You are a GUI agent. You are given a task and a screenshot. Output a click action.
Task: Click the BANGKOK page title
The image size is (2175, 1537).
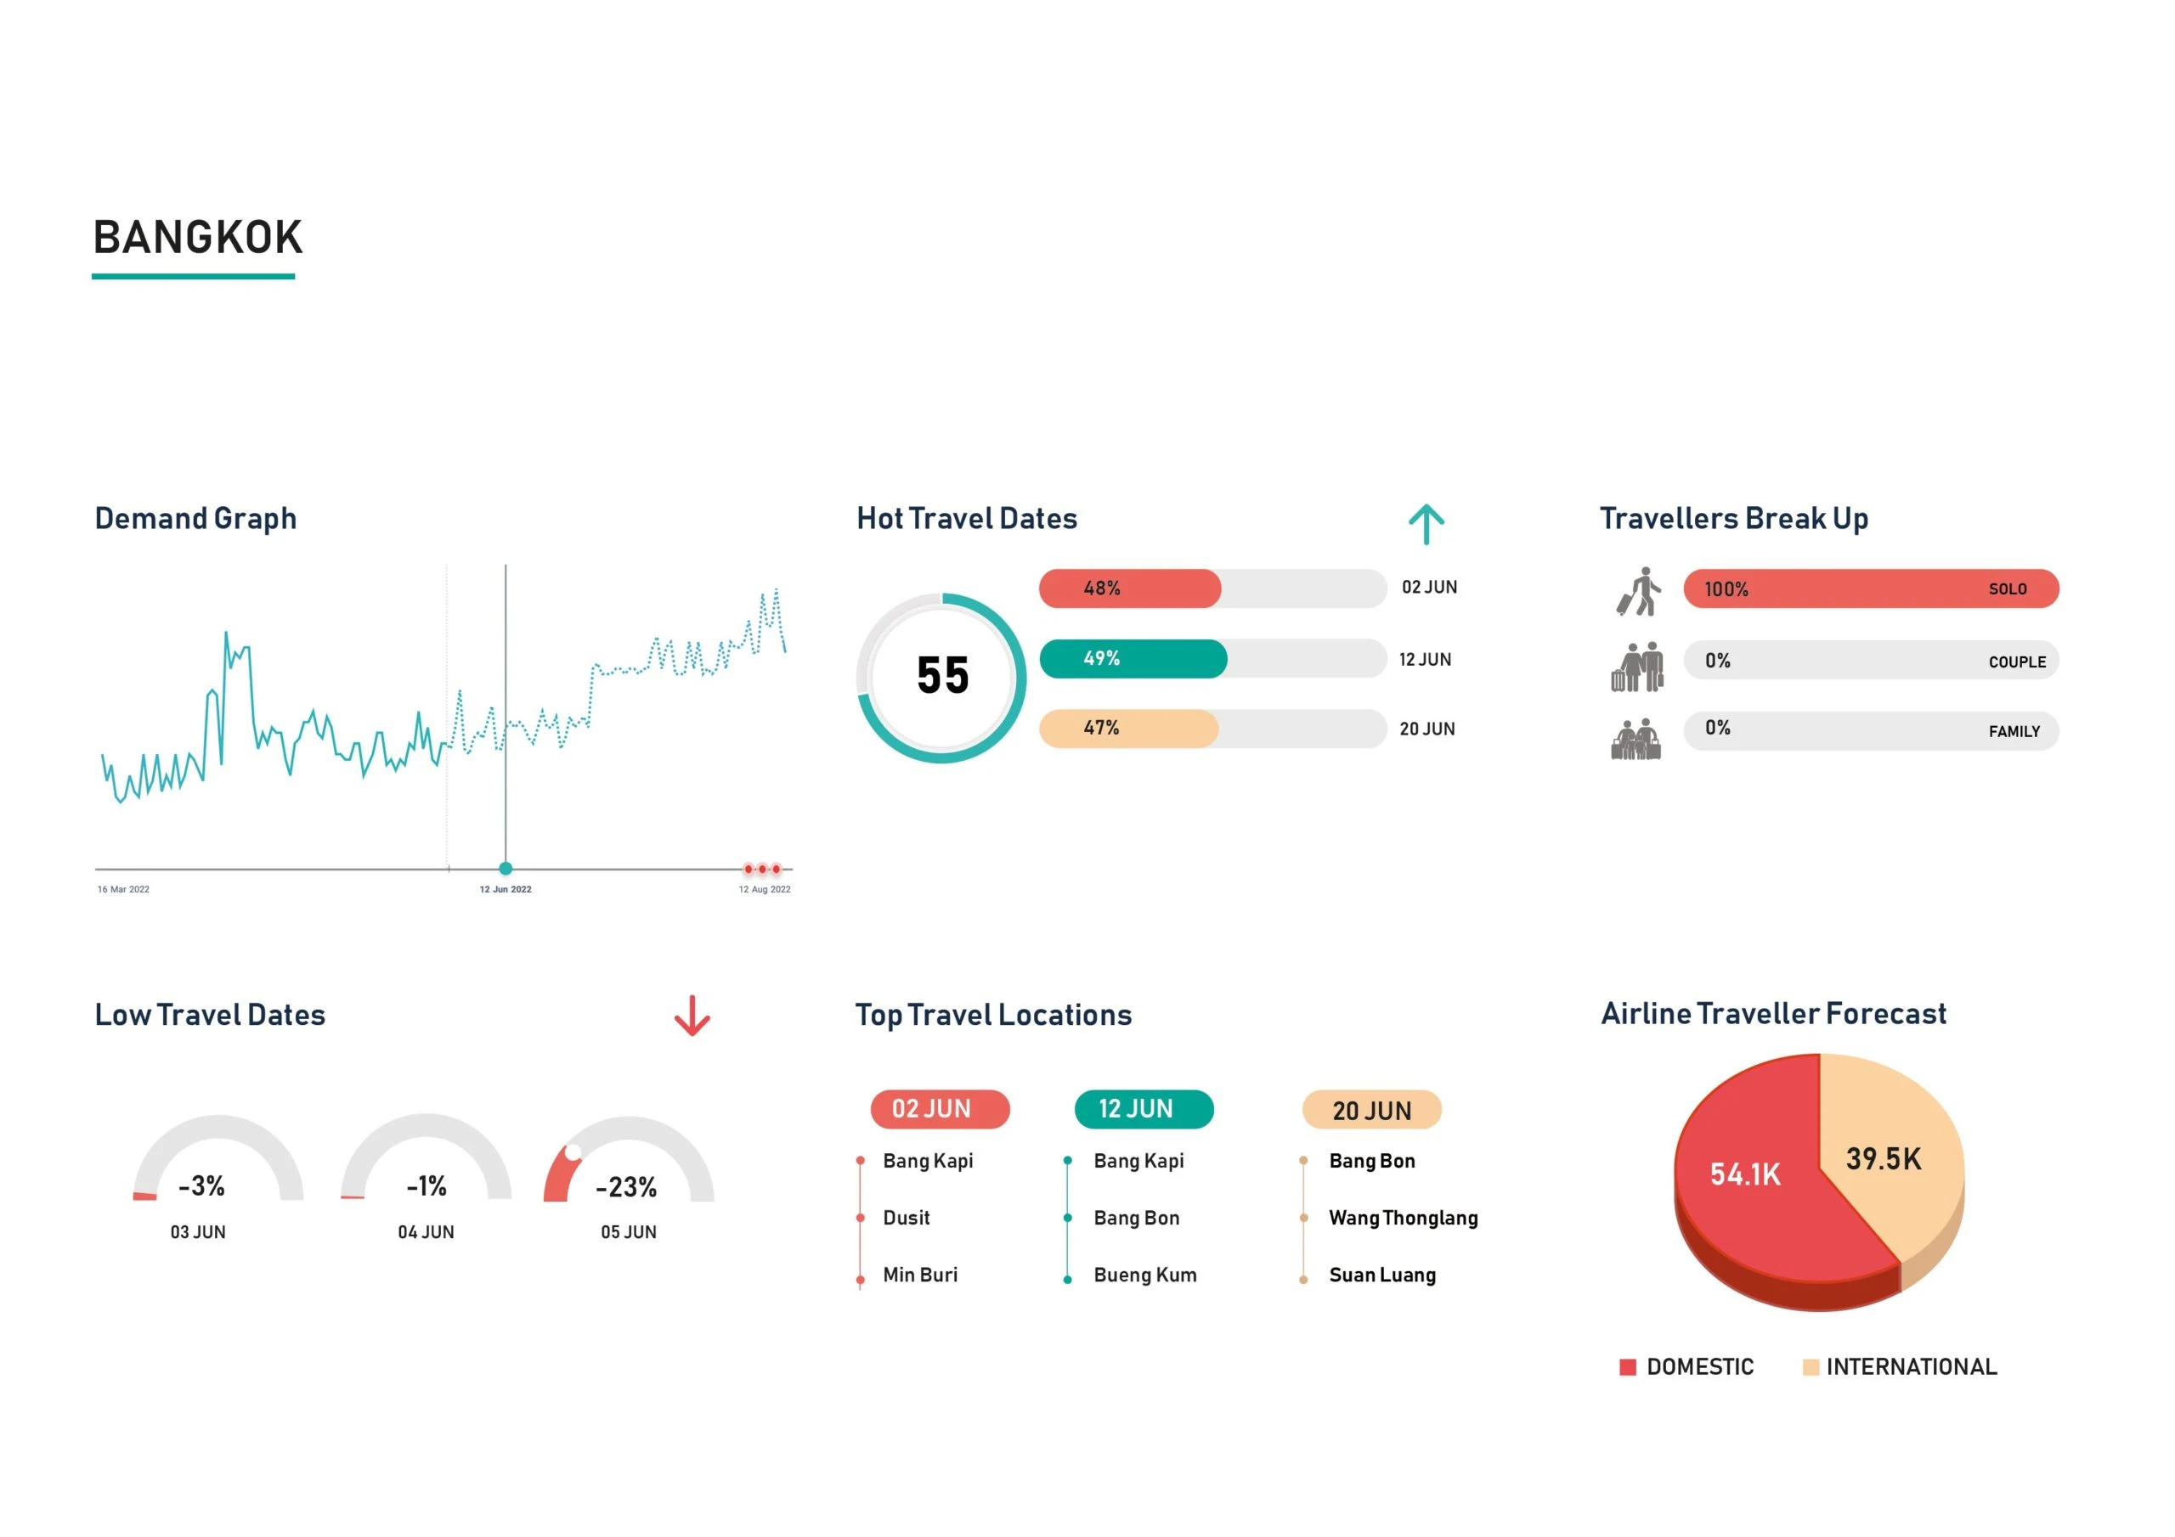(197, 237)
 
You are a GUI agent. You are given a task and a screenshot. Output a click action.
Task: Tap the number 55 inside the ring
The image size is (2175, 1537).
(942, 676)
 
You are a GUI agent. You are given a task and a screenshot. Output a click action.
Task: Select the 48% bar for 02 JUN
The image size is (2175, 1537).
(1129, 588)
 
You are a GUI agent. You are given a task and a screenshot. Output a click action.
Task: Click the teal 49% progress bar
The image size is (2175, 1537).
(1133, 658)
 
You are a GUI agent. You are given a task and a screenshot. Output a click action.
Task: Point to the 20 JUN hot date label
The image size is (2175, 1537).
(1426, 729)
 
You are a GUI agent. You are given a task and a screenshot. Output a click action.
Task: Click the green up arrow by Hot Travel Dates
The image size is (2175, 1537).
(1426, 524)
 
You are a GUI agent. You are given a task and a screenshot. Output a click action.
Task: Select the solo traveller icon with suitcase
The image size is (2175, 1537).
(1638, 591)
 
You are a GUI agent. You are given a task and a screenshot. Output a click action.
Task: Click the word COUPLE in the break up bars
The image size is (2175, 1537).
(2016, 662)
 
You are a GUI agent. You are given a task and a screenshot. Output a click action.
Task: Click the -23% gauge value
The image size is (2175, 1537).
(626, 1186)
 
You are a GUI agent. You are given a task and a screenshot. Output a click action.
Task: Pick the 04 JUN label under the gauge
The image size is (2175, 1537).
(426, 1231)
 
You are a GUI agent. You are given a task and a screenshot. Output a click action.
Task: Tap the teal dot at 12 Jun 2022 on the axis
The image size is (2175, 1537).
(505, 869)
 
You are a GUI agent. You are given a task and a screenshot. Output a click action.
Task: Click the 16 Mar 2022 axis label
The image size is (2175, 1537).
(123, 889)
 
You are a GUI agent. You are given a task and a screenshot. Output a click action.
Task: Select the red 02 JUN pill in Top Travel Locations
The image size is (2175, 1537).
(940, 1109)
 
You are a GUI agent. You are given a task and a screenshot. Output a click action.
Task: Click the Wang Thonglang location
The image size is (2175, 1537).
(1402, 1218)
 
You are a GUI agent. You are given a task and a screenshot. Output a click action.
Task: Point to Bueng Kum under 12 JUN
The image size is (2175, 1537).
(1144, 1275)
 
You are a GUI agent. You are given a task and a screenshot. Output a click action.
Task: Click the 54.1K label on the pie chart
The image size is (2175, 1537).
(1745, 1174)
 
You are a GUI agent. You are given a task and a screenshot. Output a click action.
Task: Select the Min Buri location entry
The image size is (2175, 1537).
(919, 1275)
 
